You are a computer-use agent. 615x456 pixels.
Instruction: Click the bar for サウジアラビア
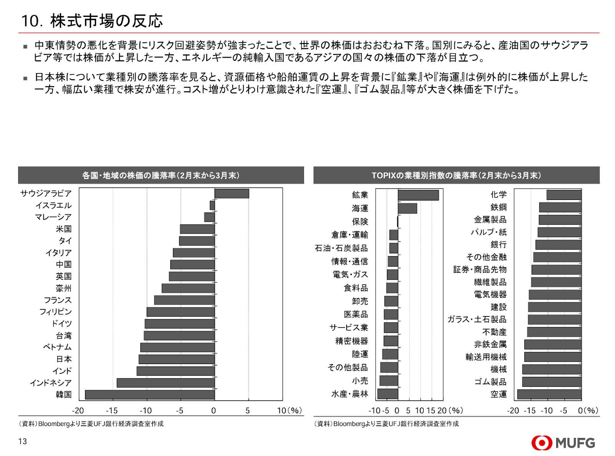tap(231, 193)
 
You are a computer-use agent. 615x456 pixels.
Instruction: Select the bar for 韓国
tap(150, 394)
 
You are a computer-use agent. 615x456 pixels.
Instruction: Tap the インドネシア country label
tap(51, 383)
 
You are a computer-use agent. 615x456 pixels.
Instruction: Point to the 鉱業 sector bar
tap(418, 195)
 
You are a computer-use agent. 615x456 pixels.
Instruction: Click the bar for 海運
tap(407, 208)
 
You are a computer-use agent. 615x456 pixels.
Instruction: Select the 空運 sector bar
tap(549, 394)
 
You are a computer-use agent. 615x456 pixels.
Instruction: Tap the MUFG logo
tap(563, 443)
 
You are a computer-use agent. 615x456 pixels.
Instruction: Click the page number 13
tap(23, 441)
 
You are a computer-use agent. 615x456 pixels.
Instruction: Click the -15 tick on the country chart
tap(111, 411)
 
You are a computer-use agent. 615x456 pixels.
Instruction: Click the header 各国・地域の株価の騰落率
tap(161, 176)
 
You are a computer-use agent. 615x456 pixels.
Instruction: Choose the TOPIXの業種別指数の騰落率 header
tap(456, 176)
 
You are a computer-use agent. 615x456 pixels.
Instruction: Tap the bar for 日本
tap(176, 359)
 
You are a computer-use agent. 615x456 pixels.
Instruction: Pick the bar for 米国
tap(197, 229)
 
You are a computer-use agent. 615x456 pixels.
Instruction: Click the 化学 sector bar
tap(564, 195)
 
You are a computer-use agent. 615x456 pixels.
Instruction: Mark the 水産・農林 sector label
tap(350, 394)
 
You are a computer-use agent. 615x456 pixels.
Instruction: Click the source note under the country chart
tap(91, 424)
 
